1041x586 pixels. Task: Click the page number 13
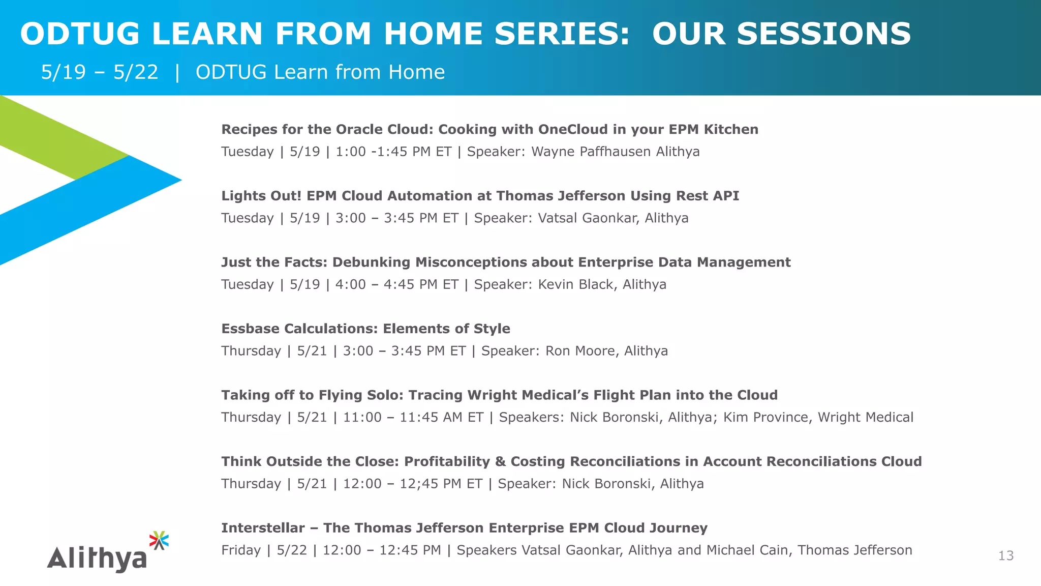pyautogui.click(x=1005, y=555)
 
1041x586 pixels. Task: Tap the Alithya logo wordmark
pyautogui.click(x=97, y=558)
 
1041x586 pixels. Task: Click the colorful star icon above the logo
pyautogui.click(x=159, y=540)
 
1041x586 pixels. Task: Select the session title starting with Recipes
pyautogui.click(x=489, y=129)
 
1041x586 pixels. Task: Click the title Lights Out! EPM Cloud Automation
pyautogui.click(x=480, y=196)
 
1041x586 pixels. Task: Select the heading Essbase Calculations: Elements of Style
pyautogui.click(x=365, y=329)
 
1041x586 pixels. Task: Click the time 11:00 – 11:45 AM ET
pyautogui.click(x=413, y=417)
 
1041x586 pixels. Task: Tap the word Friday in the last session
pyautogui.click(x=241, y=550)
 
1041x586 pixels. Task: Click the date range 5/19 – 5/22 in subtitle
pyautogui.click(x=100, y=72)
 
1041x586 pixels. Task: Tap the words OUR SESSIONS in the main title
pyautogui.click(x=781, y=34)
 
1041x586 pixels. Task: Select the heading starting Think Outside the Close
pyautogui.click(x=571, y=461)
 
